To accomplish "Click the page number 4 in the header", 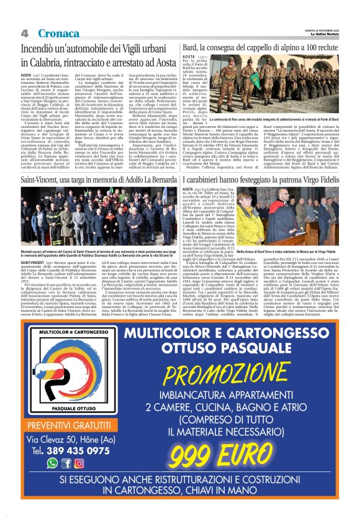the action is [x=25, y=32].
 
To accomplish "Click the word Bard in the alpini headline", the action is [x=187, y=48].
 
